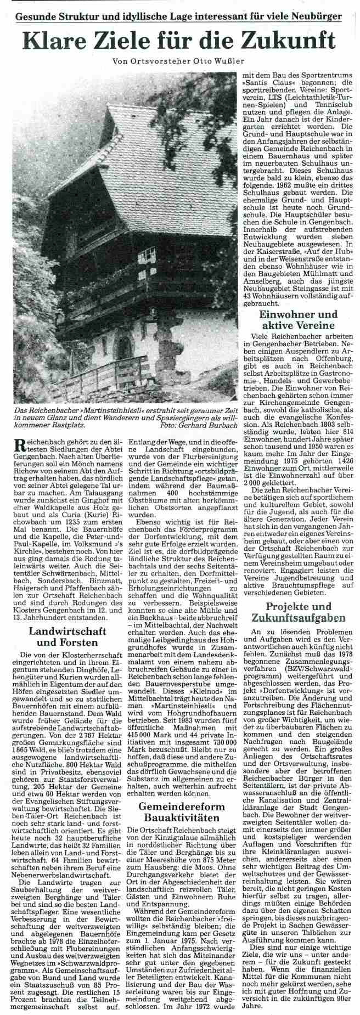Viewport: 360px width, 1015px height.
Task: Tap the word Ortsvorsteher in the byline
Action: [161, 61]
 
